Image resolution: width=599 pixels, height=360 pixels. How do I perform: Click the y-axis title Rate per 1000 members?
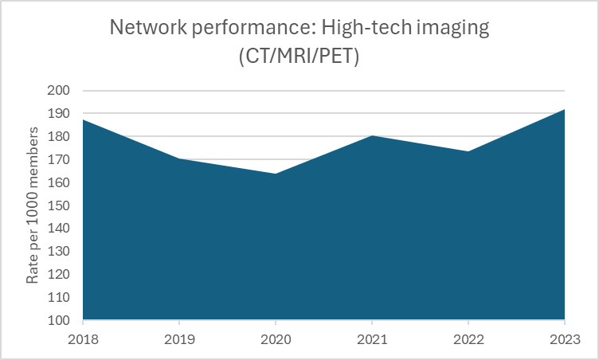click(x=33, y=205)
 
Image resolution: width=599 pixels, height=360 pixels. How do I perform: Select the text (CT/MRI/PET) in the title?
click(x=299, y=58)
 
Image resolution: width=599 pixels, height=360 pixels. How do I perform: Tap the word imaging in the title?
click(x=455, y=29)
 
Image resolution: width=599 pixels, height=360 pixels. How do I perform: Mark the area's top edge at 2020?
click(x=276, y=174)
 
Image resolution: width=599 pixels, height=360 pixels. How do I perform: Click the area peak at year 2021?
click(x=372, y=136)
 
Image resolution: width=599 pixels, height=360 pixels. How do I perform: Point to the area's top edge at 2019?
click(x=179, y=158)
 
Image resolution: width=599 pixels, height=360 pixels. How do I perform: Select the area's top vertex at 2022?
click(x=468, y=151)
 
